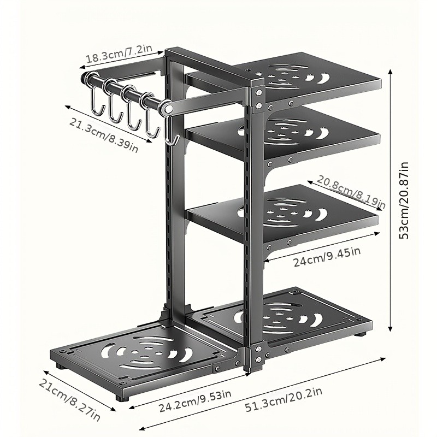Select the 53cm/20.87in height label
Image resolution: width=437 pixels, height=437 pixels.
point(404,200)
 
